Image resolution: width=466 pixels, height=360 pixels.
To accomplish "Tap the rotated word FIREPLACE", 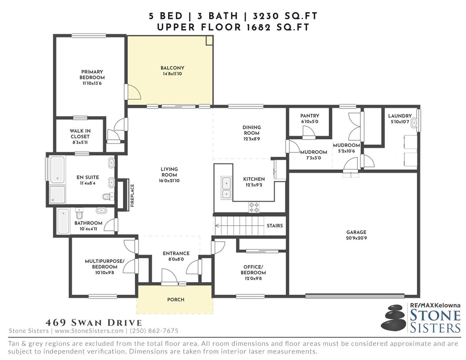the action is pos(132,195).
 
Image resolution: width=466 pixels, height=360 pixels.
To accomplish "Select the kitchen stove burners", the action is pos(254,207).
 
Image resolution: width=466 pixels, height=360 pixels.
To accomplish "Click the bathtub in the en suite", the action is pos(57,169).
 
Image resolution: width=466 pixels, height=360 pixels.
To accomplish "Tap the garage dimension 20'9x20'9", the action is pos(356,238).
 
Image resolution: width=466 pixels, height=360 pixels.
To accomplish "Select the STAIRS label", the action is pos(275,226).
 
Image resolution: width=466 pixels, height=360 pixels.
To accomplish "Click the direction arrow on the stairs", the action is pos(239,226).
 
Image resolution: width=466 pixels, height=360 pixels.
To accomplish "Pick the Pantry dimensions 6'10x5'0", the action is pos(310,121).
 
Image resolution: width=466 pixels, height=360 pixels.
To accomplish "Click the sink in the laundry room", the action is pos(414,123).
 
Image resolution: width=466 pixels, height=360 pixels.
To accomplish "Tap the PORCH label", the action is pos(176,299).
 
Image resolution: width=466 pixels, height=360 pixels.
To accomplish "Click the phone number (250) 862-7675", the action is pos(154,331).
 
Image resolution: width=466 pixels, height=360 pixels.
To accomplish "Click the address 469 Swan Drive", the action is pos(94,323).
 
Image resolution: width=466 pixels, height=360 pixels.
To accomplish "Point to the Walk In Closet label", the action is pos(80,133).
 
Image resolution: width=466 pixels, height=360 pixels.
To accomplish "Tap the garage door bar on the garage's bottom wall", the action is pos(355,296).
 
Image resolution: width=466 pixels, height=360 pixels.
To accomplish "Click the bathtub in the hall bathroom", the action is pos(63,221).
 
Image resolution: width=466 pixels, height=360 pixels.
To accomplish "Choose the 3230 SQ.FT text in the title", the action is pos(285,16).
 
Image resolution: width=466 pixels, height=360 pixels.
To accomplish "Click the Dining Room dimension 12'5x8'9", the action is pos(251,139).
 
